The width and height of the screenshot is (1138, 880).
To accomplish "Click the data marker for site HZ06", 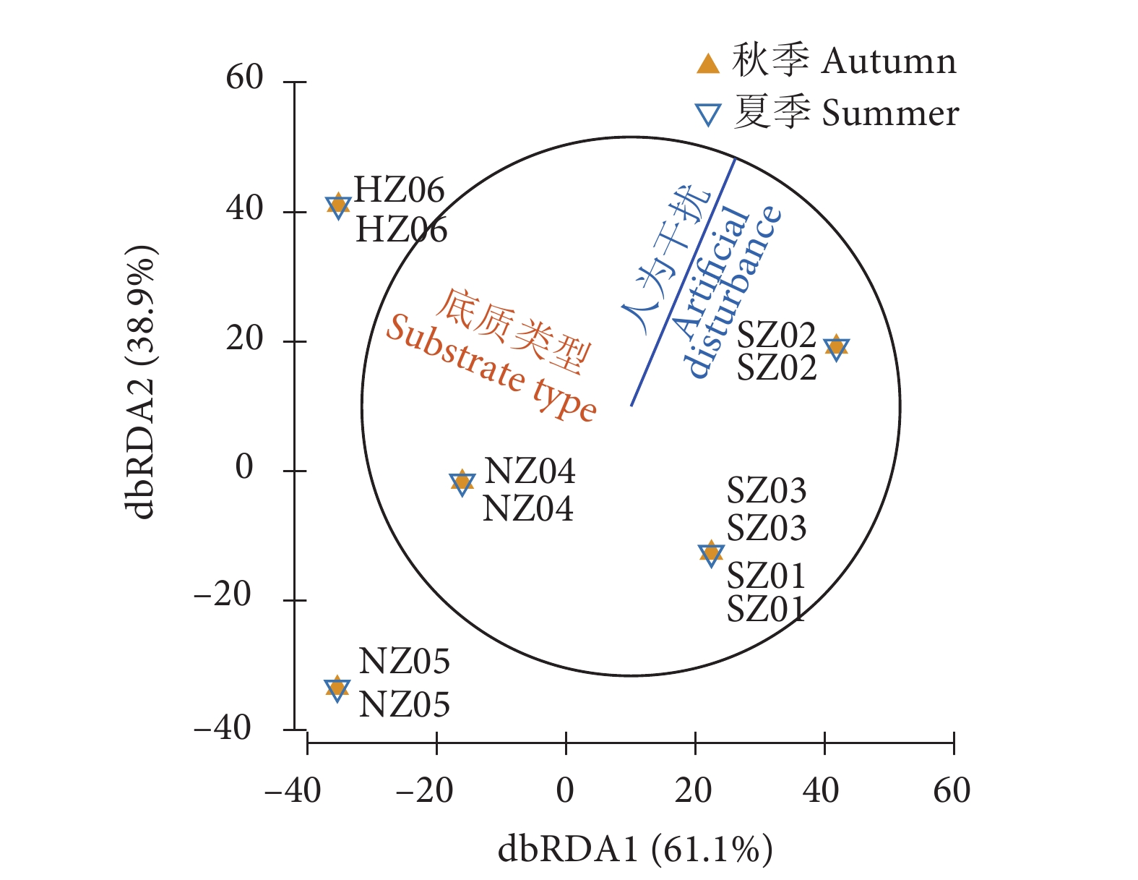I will [337, 205].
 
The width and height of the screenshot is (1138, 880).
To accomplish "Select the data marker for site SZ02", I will [836, 348].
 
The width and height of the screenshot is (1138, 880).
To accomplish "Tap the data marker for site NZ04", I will [462, 482].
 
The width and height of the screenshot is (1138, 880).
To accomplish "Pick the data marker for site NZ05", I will [337, 688].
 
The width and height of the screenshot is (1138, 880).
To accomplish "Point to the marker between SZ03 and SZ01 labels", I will [711, 553].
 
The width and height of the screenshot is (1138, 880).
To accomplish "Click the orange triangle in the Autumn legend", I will [708, 64].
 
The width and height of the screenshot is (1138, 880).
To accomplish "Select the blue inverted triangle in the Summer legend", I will [708, 115].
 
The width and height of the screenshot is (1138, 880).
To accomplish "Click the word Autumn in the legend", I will [889, 61].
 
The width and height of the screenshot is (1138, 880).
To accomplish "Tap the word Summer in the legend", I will [890, 114].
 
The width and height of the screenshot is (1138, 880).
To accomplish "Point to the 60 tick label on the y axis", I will [244, 77].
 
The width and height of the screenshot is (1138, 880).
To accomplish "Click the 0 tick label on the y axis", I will [244, 467].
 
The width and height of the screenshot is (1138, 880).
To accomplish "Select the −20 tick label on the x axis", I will [425, 791].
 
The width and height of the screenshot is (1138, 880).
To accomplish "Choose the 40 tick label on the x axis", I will [821, 791].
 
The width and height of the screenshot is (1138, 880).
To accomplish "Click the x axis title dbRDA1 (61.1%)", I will [635, 849].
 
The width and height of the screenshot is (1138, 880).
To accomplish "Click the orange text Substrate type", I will [491, 369].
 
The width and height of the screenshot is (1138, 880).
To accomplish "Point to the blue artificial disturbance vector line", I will [683, 282].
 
